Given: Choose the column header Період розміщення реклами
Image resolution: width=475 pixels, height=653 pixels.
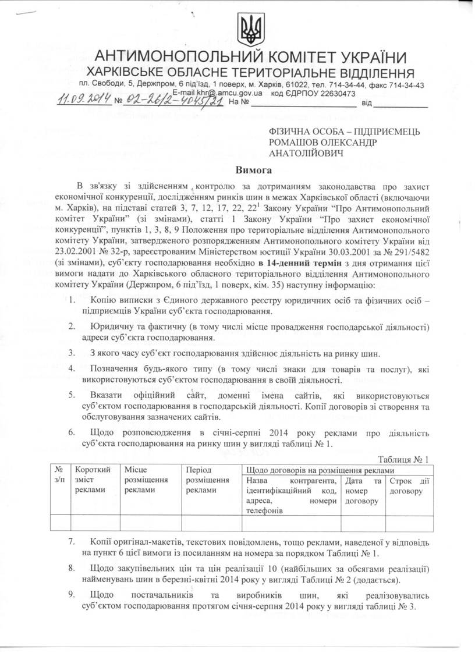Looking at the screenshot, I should click(205, 480).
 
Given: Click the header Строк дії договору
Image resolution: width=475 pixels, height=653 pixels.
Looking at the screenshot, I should click(409, 486).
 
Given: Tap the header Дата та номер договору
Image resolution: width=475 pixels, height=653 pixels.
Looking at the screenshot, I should click(363, 491).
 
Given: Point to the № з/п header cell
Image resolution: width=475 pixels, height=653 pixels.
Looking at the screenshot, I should click(59, 475).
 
